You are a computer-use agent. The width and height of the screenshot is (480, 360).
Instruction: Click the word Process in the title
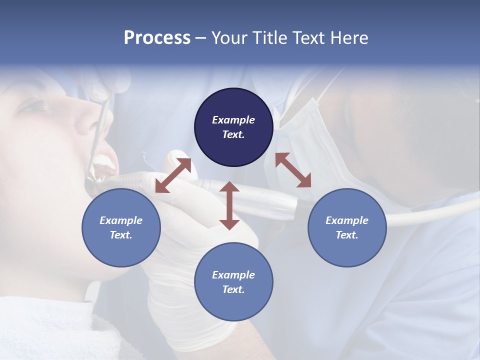pyautogui.click(x=157, y=38)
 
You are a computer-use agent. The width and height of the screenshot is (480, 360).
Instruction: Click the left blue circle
pyautogui.click(x=121, y=227)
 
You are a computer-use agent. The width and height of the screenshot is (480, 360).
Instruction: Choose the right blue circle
pyautogui.click(x=347, y=227)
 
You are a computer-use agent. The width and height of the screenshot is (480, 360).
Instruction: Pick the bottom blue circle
pyautogui.click(x=233, y=281)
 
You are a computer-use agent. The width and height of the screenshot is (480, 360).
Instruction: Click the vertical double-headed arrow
pyautogui.click(x=229, y=205)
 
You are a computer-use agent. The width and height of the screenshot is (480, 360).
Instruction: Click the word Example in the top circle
pyautogui.click(x=233, y=120)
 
